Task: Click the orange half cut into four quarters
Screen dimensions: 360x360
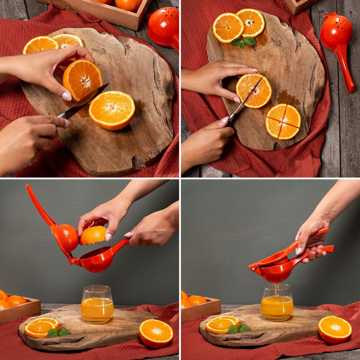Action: coord(283,121)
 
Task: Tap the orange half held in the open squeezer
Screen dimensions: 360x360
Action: coord(93,235)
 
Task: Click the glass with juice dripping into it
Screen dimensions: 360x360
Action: coord(277,303)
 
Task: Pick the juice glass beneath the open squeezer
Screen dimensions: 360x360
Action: coord(97,304)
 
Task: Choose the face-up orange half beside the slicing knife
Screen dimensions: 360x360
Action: coord(112,110)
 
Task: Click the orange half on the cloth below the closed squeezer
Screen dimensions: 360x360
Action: coord(335,329)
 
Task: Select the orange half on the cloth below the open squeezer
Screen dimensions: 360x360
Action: coord(156,333)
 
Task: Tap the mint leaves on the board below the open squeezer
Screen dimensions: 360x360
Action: coord(58,332)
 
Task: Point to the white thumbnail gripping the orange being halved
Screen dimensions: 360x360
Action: coord(67,96)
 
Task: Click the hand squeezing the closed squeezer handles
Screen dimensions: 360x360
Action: coord(312,240)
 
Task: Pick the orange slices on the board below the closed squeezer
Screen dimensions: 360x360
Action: coord(221,325)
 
